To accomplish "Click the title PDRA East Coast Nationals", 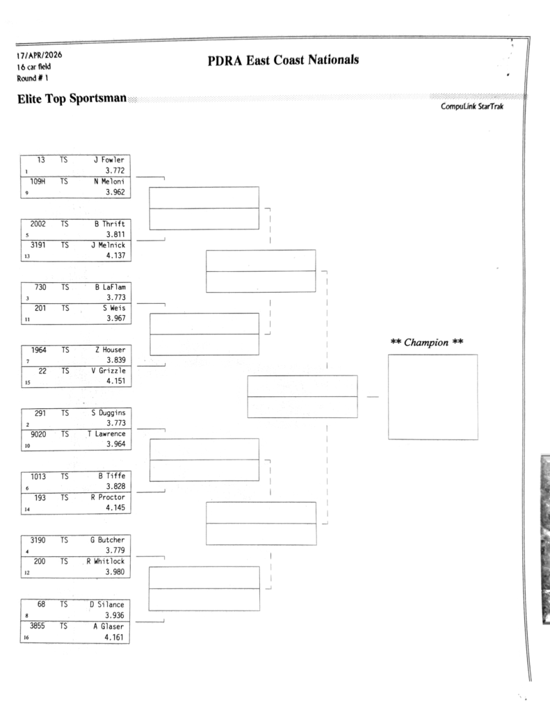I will [283, 61].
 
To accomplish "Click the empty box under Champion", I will [432, 396].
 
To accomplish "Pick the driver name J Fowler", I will [108, 159].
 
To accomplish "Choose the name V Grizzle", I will [108, 371].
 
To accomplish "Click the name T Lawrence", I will [105, 434].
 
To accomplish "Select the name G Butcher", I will [107, 540].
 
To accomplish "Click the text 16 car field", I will [30, 67].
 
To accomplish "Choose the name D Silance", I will [107, 604].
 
